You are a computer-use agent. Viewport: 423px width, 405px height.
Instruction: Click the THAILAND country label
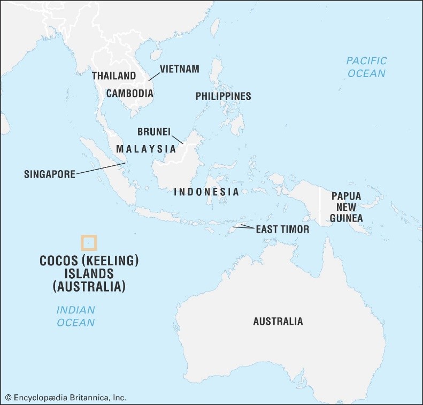113,76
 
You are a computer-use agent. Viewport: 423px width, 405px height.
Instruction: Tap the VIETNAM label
179,69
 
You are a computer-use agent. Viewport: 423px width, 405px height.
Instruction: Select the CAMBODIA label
129,93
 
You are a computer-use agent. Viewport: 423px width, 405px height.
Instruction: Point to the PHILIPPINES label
223,96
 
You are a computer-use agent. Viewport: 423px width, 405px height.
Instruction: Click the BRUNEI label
155,132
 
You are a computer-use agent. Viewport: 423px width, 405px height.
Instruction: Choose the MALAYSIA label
146,149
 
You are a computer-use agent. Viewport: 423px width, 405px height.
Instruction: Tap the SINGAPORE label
49,174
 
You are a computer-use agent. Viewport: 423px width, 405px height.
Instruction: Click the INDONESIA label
206,192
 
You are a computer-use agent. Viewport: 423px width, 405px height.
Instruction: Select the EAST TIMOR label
282,229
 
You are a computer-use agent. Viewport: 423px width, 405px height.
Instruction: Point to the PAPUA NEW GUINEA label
346,207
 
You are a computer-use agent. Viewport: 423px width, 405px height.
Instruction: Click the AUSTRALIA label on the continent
278,322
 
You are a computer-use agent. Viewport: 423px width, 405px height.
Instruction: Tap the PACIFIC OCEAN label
366,67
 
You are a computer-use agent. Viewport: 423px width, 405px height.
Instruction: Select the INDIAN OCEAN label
75,316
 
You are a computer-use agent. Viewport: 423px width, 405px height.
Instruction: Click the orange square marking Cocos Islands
89,243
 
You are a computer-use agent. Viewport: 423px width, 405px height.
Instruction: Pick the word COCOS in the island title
58,261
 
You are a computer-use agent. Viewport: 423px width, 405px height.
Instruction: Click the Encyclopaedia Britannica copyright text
66,398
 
